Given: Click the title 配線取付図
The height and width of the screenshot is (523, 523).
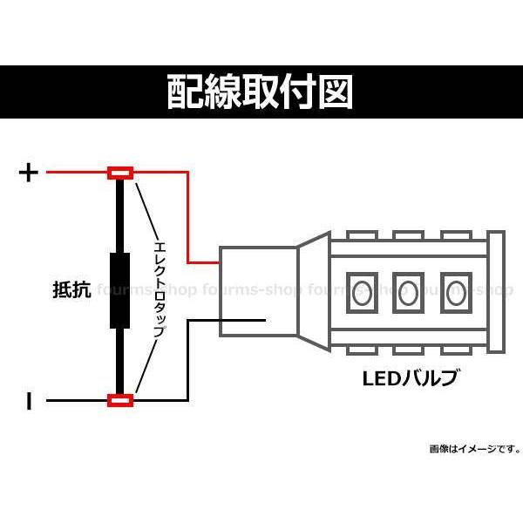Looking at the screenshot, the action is [x=260, y=92].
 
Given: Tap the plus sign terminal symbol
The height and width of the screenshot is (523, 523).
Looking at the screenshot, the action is [x=29, y=173].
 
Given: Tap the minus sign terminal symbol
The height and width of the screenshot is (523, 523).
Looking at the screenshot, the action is [x=30, y=401].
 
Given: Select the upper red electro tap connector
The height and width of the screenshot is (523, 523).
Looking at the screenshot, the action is [x=120, y=173].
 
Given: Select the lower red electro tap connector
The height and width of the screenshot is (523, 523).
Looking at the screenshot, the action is [x=120, y=400].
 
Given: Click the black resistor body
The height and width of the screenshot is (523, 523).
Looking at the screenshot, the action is [x=119, y=290].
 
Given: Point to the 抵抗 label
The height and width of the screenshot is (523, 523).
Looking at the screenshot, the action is [x=72, y=289].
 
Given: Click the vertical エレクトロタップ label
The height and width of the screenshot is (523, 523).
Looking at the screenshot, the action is [x=160, y=289].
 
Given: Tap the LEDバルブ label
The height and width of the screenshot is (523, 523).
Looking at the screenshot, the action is [x=410, y=378].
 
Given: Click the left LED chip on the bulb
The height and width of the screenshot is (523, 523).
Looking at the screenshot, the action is [x=362, y=293].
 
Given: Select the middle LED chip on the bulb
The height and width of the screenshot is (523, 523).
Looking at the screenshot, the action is [x=408, y=293].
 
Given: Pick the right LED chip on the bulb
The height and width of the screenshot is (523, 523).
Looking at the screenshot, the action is [x=456, y=293].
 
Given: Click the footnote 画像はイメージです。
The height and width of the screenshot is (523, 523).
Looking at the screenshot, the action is [x=475, y=449].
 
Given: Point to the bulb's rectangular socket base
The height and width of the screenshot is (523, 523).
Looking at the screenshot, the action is [x=258, y=291].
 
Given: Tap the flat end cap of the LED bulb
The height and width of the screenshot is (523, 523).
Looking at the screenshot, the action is [x=496, y=291].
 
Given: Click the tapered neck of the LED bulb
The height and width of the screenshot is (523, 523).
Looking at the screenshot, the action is [x=314, y=291].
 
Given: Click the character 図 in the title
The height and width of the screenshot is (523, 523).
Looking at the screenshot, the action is [x=336, y=92].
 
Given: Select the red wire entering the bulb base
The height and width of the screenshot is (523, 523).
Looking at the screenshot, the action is [x=188, y=217].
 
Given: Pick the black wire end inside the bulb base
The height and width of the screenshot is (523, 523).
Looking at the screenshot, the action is [x=265, y=321].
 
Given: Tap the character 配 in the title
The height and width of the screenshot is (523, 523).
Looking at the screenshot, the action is [x=183, y=92].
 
